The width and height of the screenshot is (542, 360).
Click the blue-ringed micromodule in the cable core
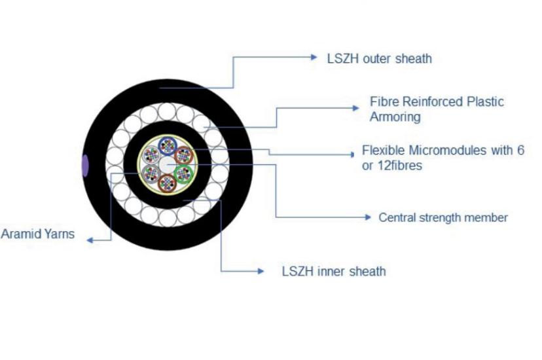coord(168,145)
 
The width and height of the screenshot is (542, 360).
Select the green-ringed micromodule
coord(183,173)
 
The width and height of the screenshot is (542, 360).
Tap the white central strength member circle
coord(168,165)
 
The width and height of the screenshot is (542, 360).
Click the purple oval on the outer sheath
coord(84,166)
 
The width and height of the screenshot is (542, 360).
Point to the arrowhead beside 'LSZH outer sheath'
coord(314,58)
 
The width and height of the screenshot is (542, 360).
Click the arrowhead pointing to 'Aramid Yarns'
coord(90,240)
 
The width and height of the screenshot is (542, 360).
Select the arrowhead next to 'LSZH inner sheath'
coord(261,271)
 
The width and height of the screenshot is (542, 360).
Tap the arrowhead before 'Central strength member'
coord(368,217)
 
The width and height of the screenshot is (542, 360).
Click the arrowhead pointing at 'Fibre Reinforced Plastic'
coord(355,108)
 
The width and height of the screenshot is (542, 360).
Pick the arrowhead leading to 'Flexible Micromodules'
coord(353,154)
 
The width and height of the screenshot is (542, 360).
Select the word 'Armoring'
coord(395,117)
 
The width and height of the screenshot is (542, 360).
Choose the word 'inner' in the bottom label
coord(331,272)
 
